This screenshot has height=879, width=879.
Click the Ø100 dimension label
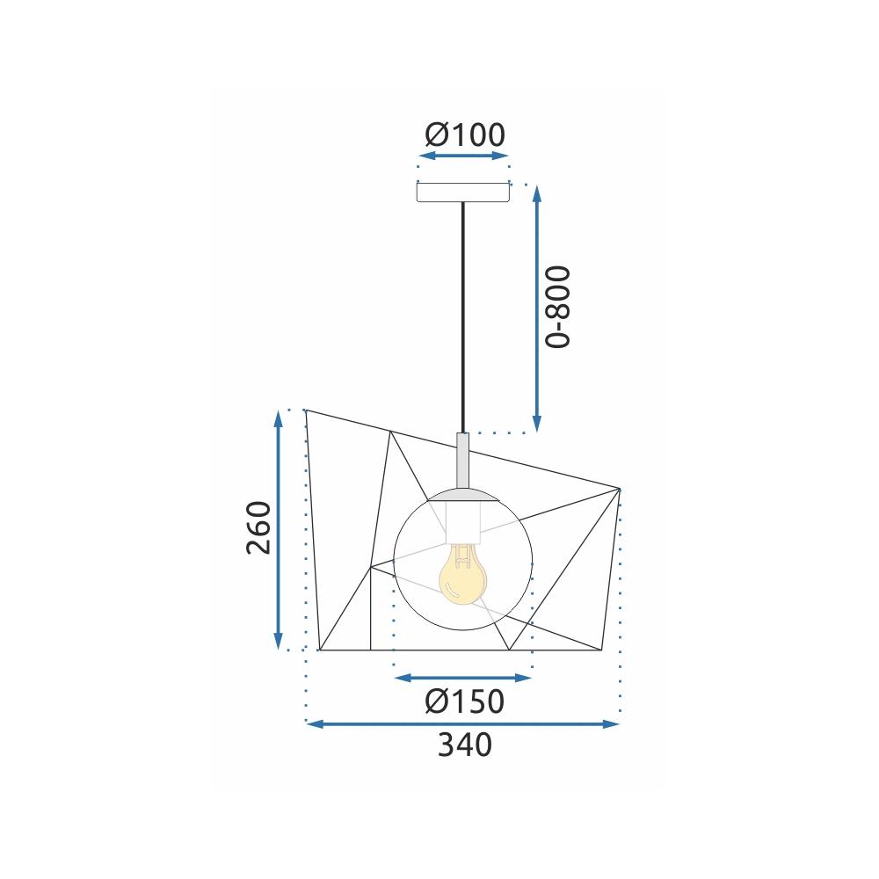coord(464,134)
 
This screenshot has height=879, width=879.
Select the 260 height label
coord(258,527)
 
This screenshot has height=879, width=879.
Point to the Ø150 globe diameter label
coord(464,701)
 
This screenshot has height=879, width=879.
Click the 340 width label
coord(464,745)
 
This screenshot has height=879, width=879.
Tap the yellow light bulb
coord(461,576)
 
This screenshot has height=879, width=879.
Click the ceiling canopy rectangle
coord(463,193)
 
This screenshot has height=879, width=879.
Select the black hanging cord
coord(463,316)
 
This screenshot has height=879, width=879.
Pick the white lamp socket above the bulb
coord(462,522)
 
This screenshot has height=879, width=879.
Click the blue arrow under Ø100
coord(463,156)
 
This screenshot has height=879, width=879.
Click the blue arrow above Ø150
coord(463,678)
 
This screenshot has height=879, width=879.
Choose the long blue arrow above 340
coord(462,724)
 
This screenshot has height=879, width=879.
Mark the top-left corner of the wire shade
coord(304,410)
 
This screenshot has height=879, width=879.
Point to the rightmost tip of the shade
coord(621,488)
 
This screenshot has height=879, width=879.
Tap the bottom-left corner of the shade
coord(319,650)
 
